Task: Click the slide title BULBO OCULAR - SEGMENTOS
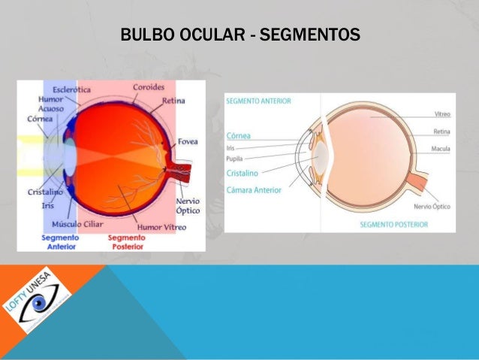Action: [x=239, y=35]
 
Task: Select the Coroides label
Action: [x=148, y=87]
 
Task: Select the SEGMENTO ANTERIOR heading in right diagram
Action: [x=258, y=100]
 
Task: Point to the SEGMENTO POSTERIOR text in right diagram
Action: [x=393, y=225]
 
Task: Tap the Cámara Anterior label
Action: [x=254, y=189]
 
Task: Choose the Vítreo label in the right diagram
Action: [x=441, y=114]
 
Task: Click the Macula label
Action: [x=440, y=149]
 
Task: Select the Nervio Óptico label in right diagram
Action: [x=432, y=206]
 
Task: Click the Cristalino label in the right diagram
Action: [x=244, y=173]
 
